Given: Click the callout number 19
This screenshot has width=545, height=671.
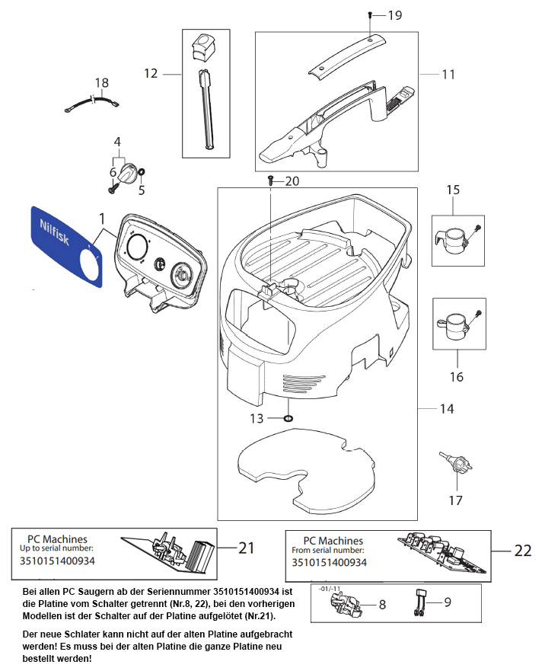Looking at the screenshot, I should [394, 15].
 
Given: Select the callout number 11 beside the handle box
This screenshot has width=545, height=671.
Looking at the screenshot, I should [448, 75].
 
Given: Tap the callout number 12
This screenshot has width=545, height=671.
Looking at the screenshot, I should [151, 73].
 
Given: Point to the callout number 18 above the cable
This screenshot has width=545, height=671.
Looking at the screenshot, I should [102, 83].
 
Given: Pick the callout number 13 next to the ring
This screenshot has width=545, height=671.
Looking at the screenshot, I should [257, 418].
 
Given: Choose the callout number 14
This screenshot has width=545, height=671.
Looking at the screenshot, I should [447, 409].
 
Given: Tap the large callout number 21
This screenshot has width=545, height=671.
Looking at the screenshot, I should [246, 547].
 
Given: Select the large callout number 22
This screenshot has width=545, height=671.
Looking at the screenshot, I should [521, 550].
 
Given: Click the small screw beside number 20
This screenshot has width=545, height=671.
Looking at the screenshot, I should [270, 181].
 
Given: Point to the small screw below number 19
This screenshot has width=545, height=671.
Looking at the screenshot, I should [369, 15].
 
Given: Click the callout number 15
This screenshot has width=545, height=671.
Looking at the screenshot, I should [454, 189].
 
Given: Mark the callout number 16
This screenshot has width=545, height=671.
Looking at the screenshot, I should [457, 376].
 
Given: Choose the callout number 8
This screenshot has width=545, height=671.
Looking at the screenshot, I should [382, 604].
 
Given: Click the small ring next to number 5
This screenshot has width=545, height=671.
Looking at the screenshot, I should [142, 174].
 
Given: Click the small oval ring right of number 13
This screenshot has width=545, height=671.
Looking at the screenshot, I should [288, 418].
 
